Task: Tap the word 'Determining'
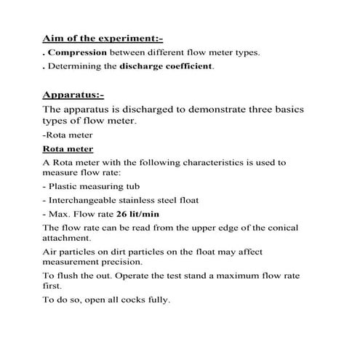(74, 67)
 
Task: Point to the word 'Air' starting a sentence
(51, 251)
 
